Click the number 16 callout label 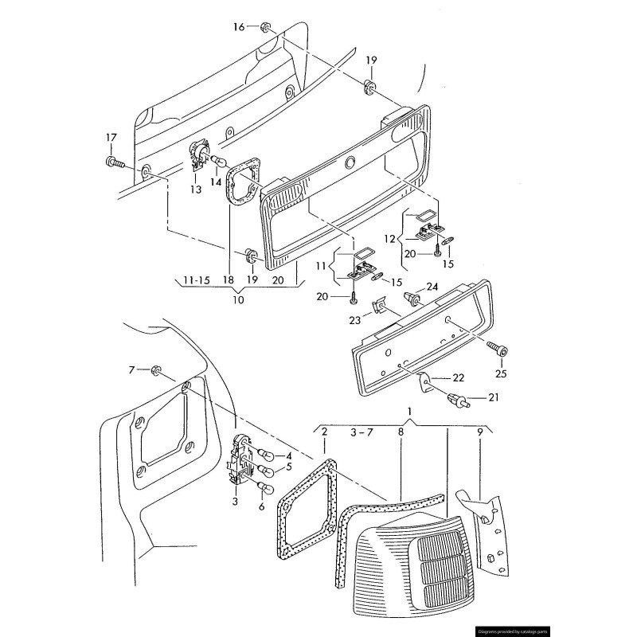point(239,27)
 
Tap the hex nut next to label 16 point(266,28)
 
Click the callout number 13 point(196,190)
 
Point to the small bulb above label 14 point(216,161)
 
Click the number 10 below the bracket point(238,300)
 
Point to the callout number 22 point(459,377)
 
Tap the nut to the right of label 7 point(156,371)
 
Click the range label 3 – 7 point(361,432)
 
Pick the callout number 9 point(479,432)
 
